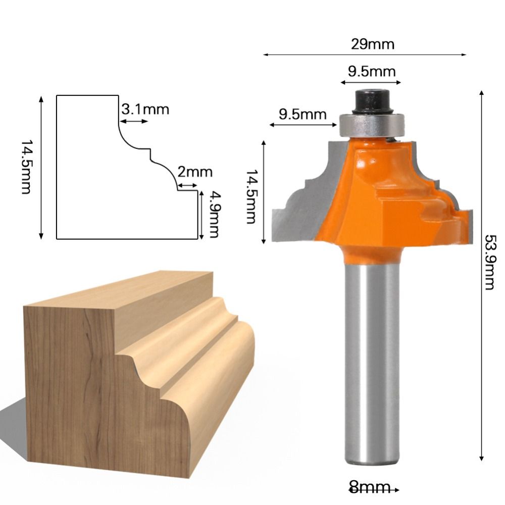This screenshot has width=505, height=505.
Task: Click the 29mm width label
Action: click(373, 44)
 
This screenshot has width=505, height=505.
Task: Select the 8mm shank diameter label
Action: click(370, 488)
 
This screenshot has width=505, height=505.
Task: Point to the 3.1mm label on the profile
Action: click(145, 109)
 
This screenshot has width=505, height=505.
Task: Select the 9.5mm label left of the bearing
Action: click(303, 114)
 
